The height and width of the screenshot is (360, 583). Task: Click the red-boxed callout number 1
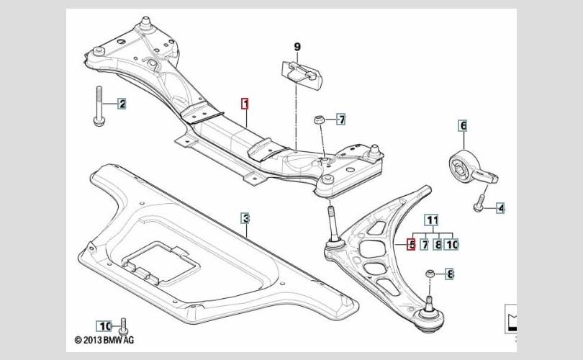[245, 104]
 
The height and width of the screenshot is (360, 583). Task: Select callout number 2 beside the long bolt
[122, 104]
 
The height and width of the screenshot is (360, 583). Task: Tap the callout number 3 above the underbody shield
[245, 217]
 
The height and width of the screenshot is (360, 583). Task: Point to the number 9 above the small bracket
[297, 48]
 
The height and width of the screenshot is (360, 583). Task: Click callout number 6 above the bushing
[463, 126]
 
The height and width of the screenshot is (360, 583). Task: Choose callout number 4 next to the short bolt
[501, 208]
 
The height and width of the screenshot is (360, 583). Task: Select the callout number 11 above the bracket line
[432, 220]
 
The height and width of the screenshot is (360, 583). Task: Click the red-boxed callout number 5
[411, 245]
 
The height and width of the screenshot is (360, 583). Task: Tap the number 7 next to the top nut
[341, 119]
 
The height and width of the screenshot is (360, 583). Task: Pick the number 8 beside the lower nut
[450, 274]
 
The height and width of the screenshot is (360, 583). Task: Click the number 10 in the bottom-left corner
[105, 325]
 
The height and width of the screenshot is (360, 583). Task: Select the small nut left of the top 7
[318, 120]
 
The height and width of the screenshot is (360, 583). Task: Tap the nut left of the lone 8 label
[430, 274]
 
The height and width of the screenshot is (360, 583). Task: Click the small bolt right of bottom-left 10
[124, 325]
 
